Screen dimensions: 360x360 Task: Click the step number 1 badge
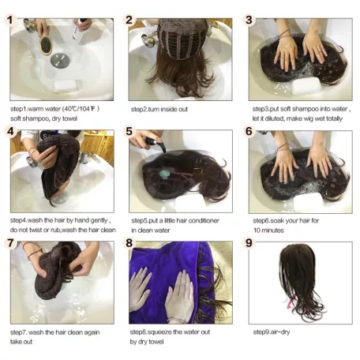click(x=11, y=20)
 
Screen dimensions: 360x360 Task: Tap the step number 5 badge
click(x=130, y=132)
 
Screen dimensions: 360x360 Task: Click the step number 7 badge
click(x=11, y=244)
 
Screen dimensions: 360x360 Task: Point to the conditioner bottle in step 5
click(x=156, y=145)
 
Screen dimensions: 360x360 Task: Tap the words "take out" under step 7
click(x=24, y=343)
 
